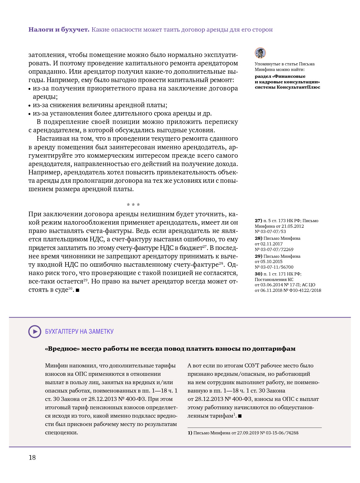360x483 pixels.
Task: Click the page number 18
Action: click(32, 458)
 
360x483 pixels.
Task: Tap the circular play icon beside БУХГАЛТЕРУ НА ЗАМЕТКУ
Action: click(35, 332)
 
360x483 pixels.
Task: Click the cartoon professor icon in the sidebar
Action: click(260, 53)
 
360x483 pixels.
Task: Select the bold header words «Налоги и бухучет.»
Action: click(59, 30)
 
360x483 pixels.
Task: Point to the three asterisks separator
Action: click(133, 205)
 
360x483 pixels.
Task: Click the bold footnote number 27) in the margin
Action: click(258, 221)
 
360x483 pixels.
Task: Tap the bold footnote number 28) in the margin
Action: click(258, 239)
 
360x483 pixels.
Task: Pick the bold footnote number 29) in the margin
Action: click(258, 257)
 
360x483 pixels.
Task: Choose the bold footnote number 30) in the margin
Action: click(258, 274)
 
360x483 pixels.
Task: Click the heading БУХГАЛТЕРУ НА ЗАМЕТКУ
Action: click(79, 332)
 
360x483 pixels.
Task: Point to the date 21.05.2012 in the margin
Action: click(293, 226)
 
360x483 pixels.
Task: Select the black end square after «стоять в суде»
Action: click(77, 290)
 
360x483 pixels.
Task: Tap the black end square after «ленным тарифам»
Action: click(240, 416)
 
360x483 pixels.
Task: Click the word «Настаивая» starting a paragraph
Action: click(51, 139)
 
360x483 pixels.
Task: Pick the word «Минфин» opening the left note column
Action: click(56, 366)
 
